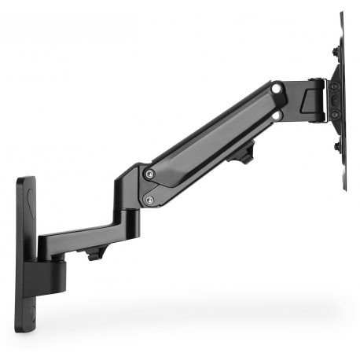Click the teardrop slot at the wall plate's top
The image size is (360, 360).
click(29, 189)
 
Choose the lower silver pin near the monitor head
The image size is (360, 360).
click(277, 114)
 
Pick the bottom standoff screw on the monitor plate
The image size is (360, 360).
click(336, 145)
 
